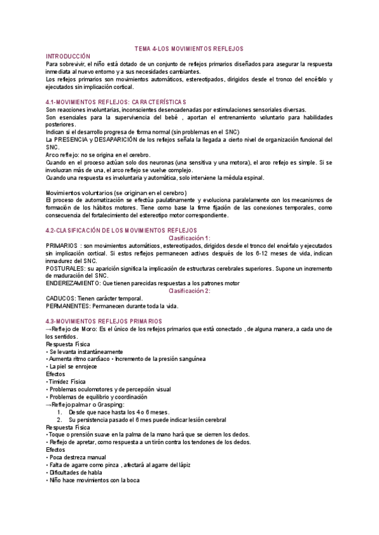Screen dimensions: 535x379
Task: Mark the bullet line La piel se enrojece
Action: point(75,367)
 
